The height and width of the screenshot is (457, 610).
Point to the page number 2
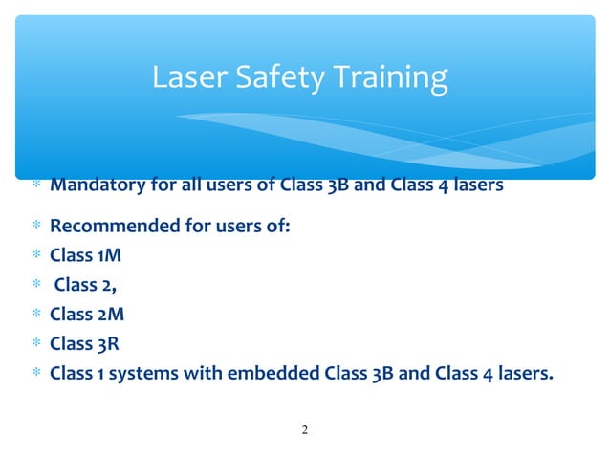[305, 429]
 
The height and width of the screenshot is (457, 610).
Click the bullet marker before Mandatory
[34, 185]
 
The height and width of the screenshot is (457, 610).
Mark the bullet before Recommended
[34, 228]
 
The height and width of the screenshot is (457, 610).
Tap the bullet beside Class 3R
[34, 343]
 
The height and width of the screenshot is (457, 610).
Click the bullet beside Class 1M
[34, 256]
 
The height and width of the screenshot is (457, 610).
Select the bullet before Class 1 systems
[34, 373]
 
